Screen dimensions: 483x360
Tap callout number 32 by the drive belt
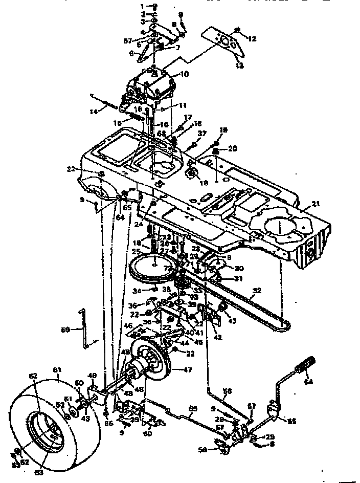pos(257,290)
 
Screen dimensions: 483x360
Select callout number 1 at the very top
pos(145,5)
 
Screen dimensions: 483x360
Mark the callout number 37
pos(204,133)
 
